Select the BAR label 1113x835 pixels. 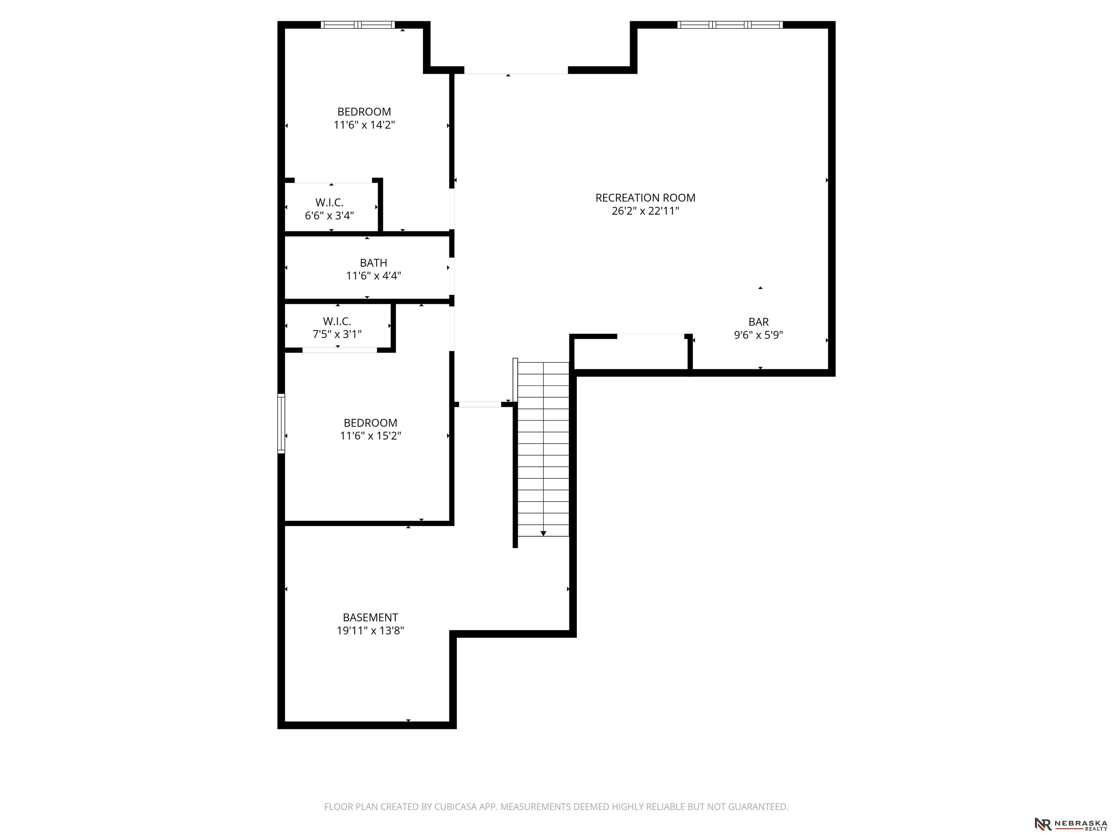758,321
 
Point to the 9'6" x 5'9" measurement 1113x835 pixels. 758,335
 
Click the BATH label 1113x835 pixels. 373,263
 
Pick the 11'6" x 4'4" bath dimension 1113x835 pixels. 373,276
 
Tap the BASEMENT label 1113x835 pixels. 370,618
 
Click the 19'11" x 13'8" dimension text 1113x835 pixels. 370,631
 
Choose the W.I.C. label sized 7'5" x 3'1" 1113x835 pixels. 337,321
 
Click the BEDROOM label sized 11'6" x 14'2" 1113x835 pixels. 364,112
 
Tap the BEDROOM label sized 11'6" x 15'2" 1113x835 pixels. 370,423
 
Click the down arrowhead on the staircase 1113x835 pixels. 543,533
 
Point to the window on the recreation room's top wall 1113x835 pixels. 730,25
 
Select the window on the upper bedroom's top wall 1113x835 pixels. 358,25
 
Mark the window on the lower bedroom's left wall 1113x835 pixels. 281,424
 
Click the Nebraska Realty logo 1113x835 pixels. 1071,824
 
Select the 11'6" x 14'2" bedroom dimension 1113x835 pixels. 364,125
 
